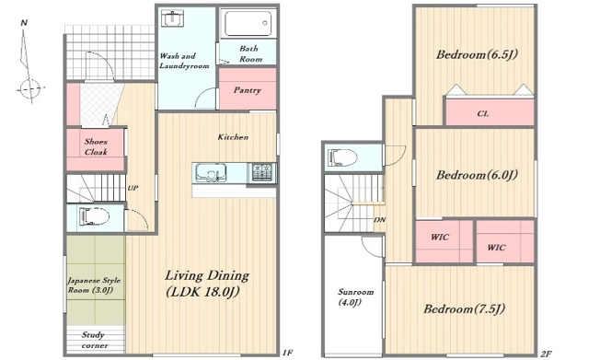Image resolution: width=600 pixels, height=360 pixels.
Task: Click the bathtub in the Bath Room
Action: (248, 23)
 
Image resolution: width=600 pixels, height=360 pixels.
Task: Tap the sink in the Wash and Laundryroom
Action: (173, 18)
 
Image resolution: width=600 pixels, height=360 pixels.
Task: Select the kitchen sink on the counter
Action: (211, 172)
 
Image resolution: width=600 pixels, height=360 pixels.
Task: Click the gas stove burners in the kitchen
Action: (261, 172)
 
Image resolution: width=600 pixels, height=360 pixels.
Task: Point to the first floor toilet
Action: (94, 217)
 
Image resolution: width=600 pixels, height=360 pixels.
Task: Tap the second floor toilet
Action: (343, 157)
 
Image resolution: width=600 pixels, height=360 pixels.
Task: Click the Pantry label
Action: (248, 90)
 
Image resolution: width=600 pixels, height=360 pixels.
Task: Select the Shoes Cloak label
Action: (96, 146)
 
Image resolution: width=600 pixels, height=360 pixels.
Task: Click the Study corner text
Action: (95, 340)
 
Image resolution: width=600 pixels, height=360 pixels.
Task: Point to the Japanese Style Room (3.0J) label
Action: (94, 285)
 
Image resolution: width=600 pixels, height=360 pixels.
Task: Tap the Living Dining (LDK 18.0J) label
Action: (207, 284)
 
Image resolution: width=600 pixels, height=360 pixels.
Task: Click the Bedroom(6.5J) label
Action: (477, 54)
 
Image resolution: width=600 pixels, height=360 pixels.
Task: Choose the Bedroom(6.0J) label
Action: (477, 175)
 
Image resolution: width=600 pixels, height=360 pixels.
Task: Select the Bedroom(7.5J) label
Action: (464, 308)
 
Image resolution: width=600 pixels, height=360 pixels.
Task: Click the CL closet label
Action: (483, 114)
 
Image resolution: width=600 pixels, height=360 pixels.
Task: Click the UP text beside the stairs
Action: (133, 188)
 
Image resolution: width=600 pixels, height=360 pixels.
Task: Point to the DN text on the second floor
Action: (379, 220)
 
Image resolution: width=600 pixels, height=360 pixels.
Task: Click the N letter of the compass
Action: (24, 23)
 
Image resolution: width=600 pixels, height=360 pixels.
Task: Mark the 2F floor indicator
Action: (546, 354)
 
